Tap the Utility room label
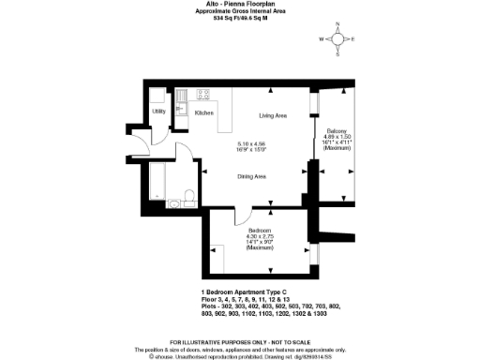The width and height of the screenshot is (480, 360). tap(158, 112)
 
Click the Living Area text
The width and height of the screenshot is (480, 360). tap(273, 115)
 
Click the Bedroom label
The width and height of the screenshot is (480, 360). tap(260, 231)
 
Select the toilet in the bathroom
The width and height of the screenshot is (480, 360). tap(187, 196)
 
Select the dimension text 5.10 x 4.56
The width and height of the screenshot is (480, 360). tap(254, 143)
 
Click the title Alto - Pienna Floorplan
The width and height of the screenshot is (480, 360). tap(240, 5)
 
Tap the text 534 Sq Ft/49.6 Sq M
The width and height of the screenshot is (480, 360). tap(240, 18)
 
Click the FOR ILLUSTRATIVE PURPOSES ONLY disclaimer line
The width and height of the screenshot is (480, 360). tap(240, 341)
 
